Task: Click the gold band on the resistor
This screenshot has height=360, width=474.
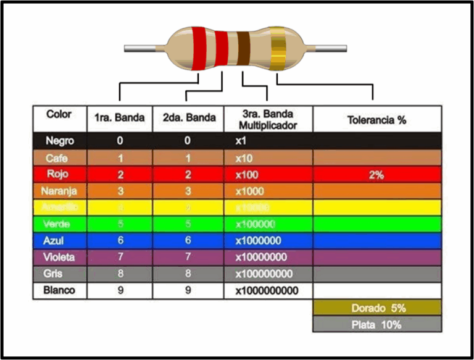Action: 278,48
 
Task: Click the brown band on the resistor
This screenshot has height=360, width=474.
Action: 244,48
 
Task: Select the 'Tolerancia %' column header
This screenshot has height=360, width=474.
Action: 376,120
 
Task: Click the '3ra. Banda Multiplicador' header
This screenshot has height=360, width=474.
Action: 267,119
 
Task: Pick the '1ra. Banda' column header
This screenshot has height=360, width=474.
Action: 120,118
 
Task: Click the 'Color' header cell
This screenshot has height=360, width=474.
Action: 59,115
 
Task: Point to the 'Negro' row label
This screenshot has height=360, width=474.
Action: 59,141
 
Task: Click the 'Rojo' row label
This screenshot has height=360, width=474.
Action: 59,175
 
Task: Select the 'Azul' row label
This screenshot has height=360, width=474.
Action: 59,240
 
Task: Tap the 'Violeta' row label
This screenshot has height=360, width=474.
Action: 59,257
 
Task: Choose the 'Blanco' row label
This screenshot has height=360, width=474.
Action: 59,290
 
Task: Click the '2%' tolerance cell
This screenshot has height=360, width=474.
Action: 376,175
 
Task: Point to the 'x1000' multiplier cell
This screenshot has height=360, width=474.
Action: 249,191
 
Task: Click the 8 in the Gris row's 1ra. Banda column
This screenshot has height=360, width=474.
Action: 120,274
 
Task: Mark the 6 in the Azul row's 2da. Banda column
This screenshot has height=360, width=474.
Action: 188,240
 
